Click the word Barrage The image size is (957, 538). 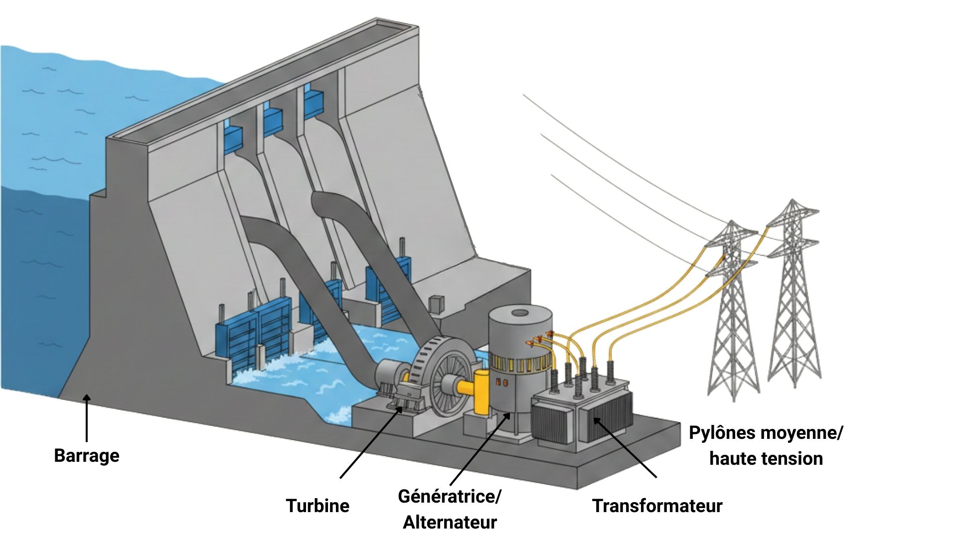tap(87, 456)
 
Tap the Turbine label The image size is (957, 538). tap(318, 506)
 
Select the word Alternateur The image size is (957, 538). tap(450, 522)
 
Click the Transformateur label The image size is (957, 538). tap(657, 506)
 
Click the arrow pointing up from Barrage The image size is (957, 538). tap(87, 418)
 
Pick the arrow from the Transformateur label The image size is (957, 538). tap(625, 448)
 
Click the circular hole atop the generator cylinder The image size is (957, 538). tap(520, 313)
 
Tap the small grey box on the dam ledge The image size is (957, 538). tap(437, 304)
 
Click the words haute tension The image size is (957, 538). tap(766, 458)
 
